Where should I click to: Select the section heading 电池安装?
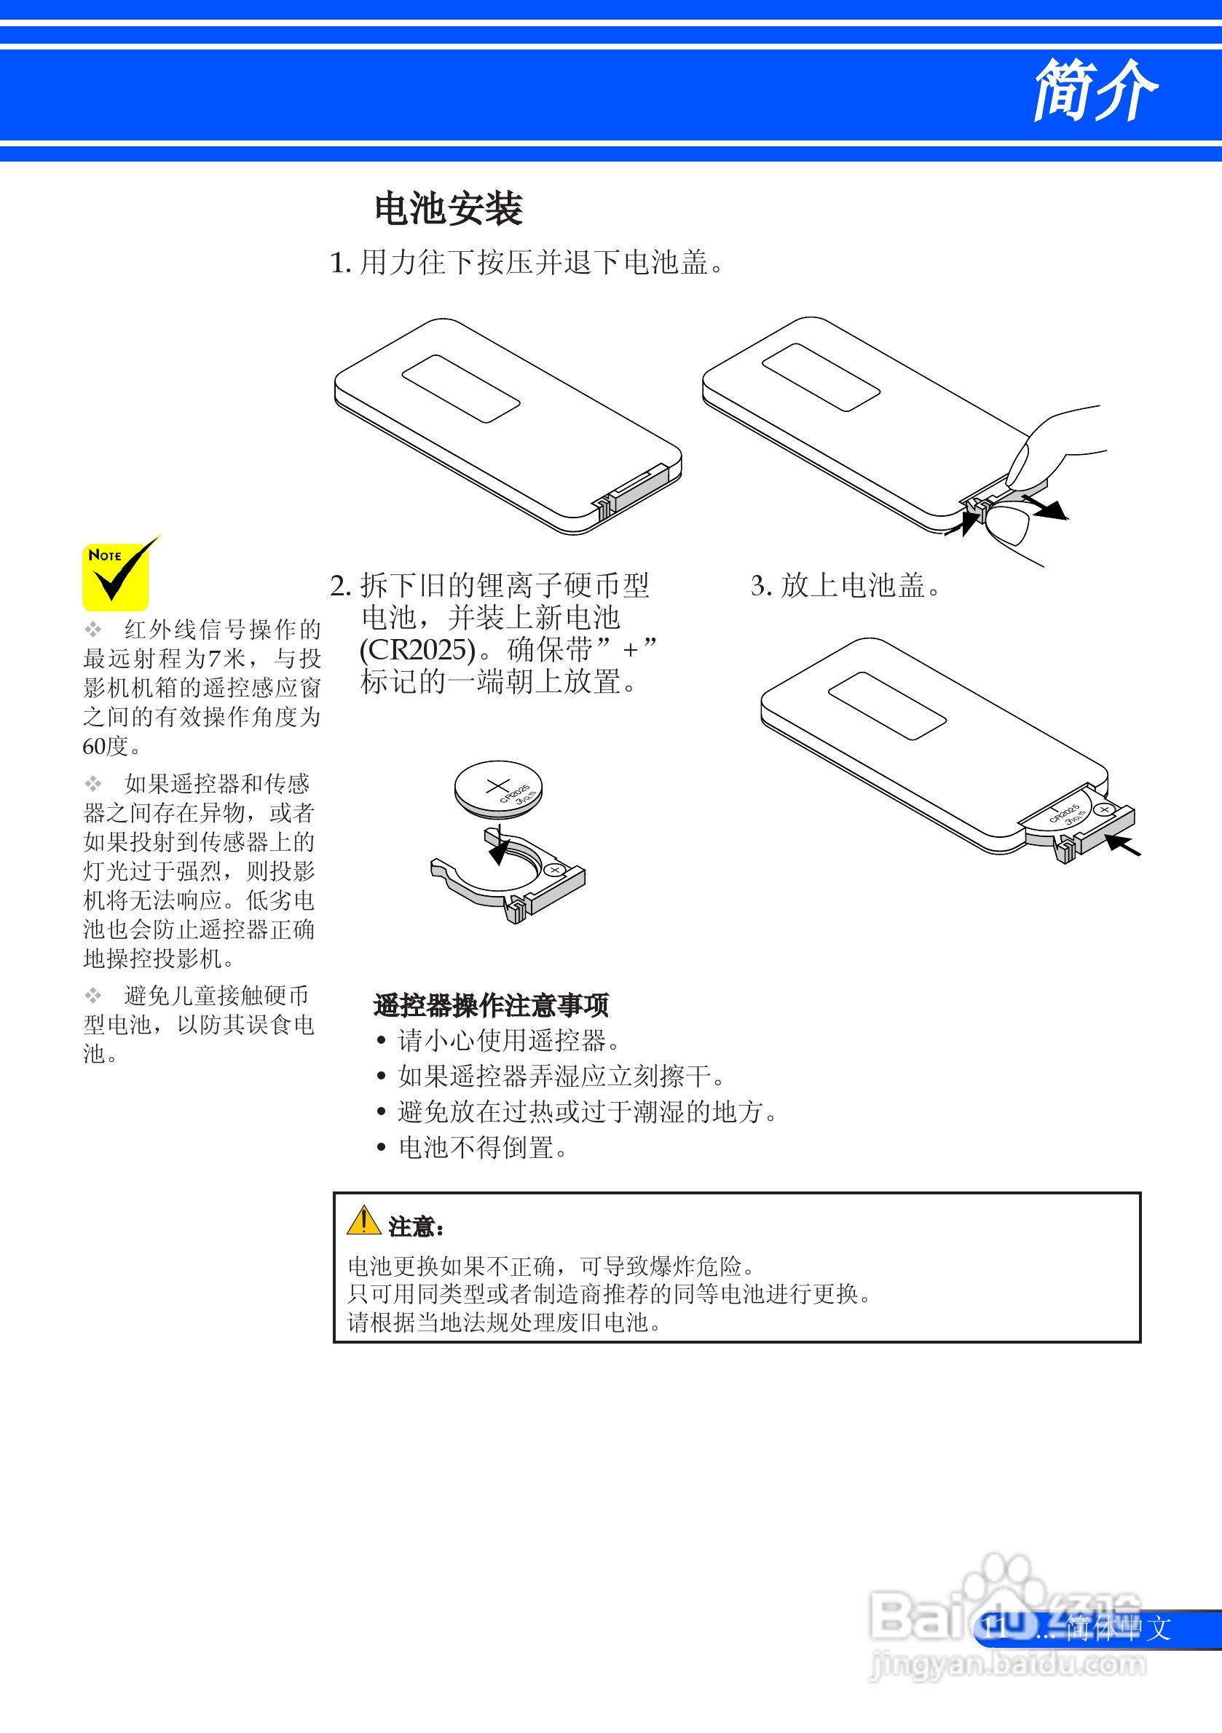pos(449,209)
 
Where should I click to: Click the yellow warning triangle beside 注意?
pos(363,1221)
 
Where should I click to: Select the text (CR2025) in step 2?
pos(417,650)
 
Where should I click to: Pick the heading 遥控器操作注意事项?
pos(491,1005)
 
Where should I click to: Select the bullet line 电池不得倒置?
pos(482,1148)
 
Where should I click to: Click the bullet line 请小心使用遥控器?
pos(508,1041)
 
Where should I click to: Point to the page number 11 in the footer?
pos(995,1628)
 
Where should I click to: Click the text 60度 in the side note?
pos(110,747)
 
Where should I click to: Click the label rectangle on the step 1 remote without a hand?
pos(460,389)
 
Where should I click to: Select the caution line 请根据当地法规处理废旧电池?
pos(504,1322)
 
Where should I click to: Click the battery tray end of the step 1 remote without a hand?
pos(634,491)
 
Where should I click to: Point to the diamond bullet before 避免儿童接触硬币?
pos(92,996)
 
